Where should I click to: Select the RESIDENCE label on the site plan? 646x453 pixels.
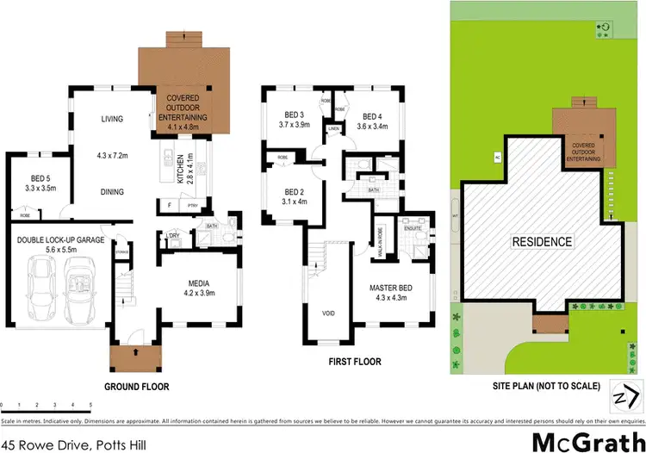pos(543,242)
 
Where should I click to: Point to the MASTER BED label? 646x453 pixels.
pos(389,287)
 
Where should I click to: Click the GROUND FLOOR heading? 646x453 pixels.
pos(136,387)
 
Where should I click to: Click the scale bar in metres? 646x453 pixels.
pos(47,403)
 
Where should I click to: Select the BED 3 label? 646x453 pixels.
pos(295,115)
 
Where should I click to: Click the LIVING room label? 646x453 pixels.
pos(112,120)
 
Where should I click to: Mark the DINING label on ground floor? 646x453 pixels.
pos(112,192)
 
